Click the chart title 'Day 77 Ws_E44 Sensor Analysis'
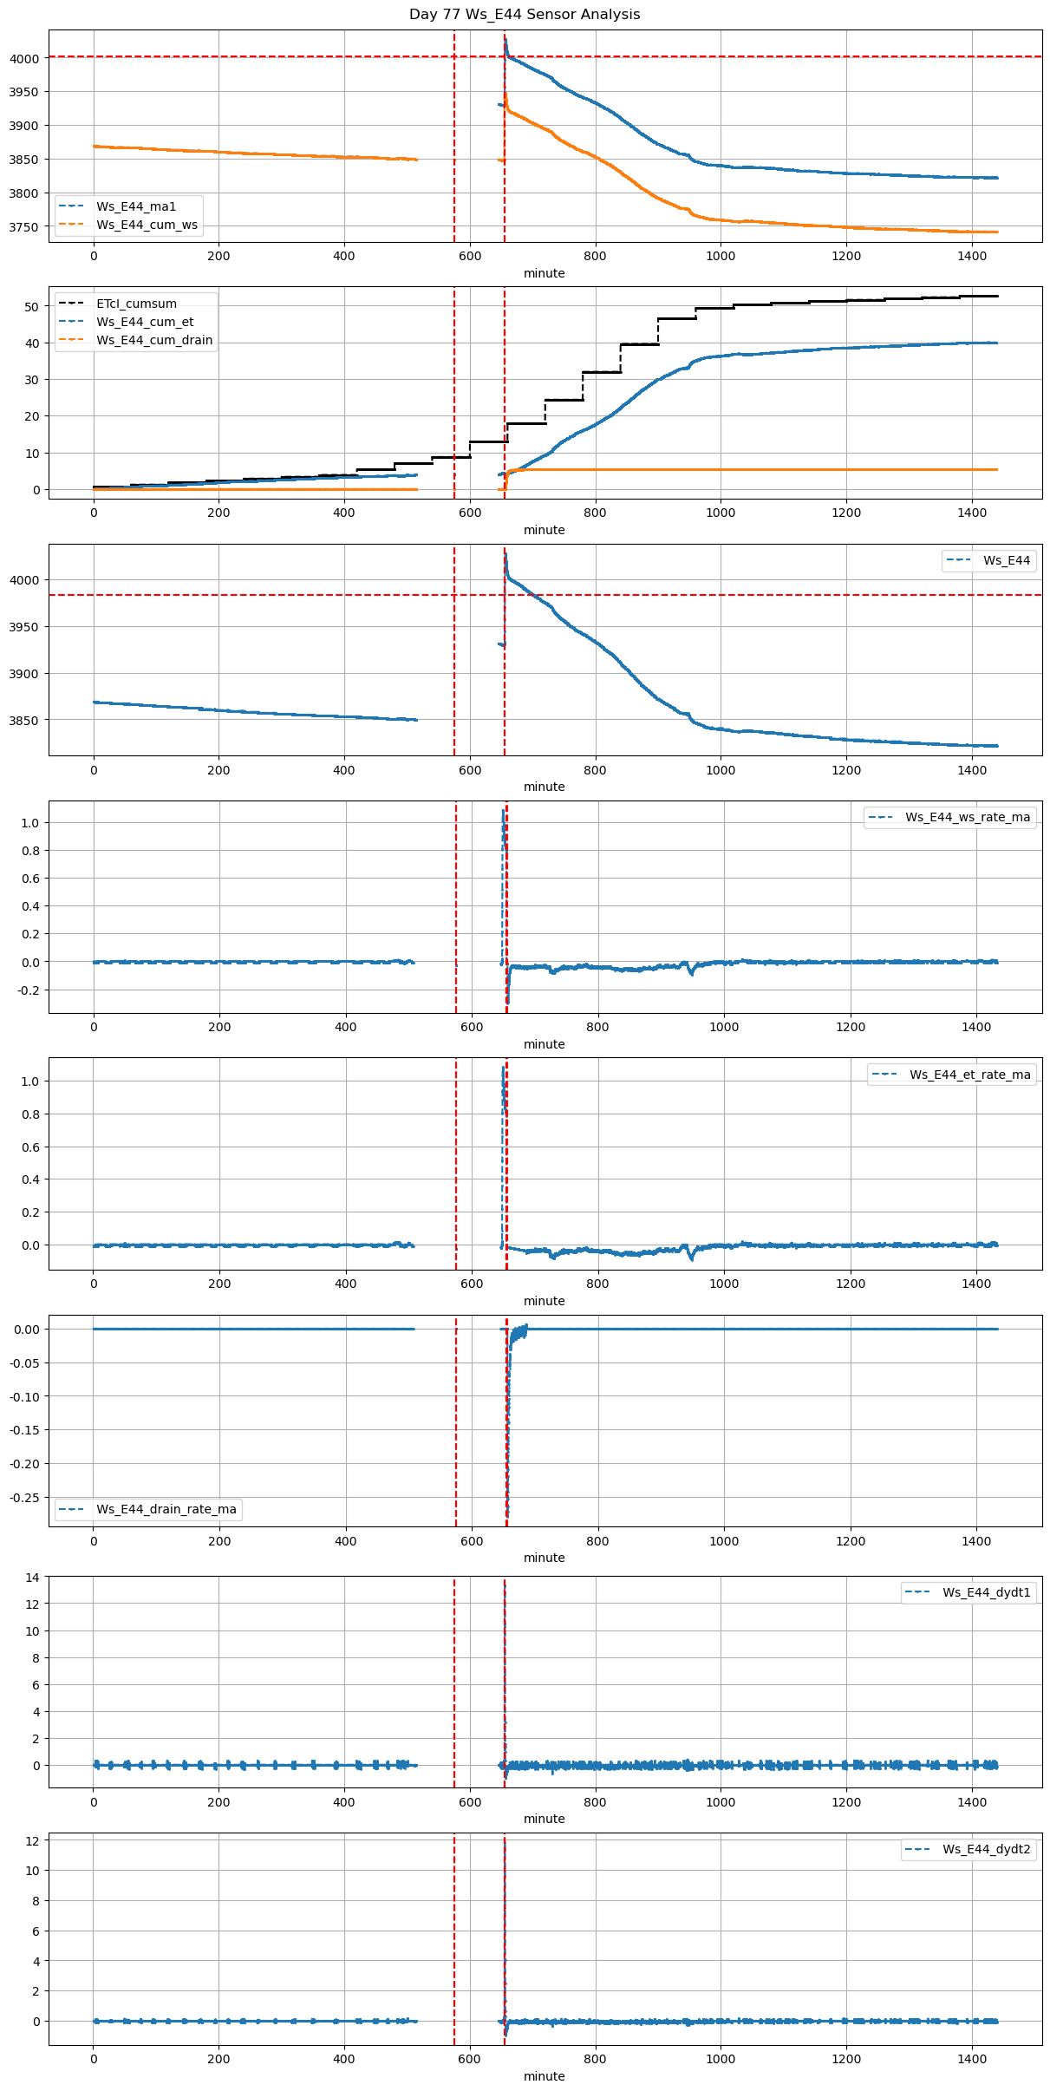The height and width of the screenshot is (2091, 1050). point(525,15)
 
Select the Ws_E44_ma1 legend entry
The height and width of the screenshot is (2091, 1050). point(136,206)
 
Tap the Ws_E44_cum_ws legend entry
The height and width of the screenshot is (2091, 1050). point(147,225)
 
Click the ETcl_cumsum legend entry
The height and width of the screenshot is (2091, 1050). point(136,304)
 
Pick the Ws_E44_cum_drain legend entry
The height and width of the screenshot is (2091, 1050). point(154,340)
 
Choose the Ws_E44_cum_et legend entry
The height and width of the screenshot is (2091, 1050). point(145,322)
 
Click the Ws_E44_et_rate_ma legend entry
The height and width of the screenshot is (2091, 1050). point(969,1075)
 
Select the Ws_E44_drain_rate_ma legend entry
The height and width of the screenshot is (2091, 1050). point(166,1509)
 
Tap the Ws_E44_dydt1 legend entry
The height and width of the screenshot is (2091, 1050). point(986,1592)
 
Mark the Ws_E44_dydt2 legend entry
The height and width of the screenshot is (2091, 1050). point(986,1849)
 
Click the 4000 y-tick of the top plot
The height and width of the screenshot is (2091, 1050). point(23,59)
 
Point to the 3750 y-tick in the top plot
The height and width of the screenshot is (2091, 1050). point(23,227)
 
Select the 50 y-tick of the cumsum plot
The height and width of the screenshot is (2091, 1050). point(32,307)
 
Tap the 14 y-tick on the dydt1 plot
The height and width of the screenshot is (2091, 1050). point(32,1578)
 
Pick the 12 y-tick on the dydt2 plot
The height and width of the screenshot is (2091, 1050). point(32,1840)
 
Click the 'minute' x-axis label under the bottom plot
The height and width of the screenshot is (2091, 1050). point(545,2076)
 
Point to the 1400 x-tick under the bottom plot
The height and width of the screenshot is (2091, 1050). point(972,2059)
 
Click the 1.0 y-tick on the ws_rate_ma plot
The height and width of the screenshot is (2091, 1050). point(29,823)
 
